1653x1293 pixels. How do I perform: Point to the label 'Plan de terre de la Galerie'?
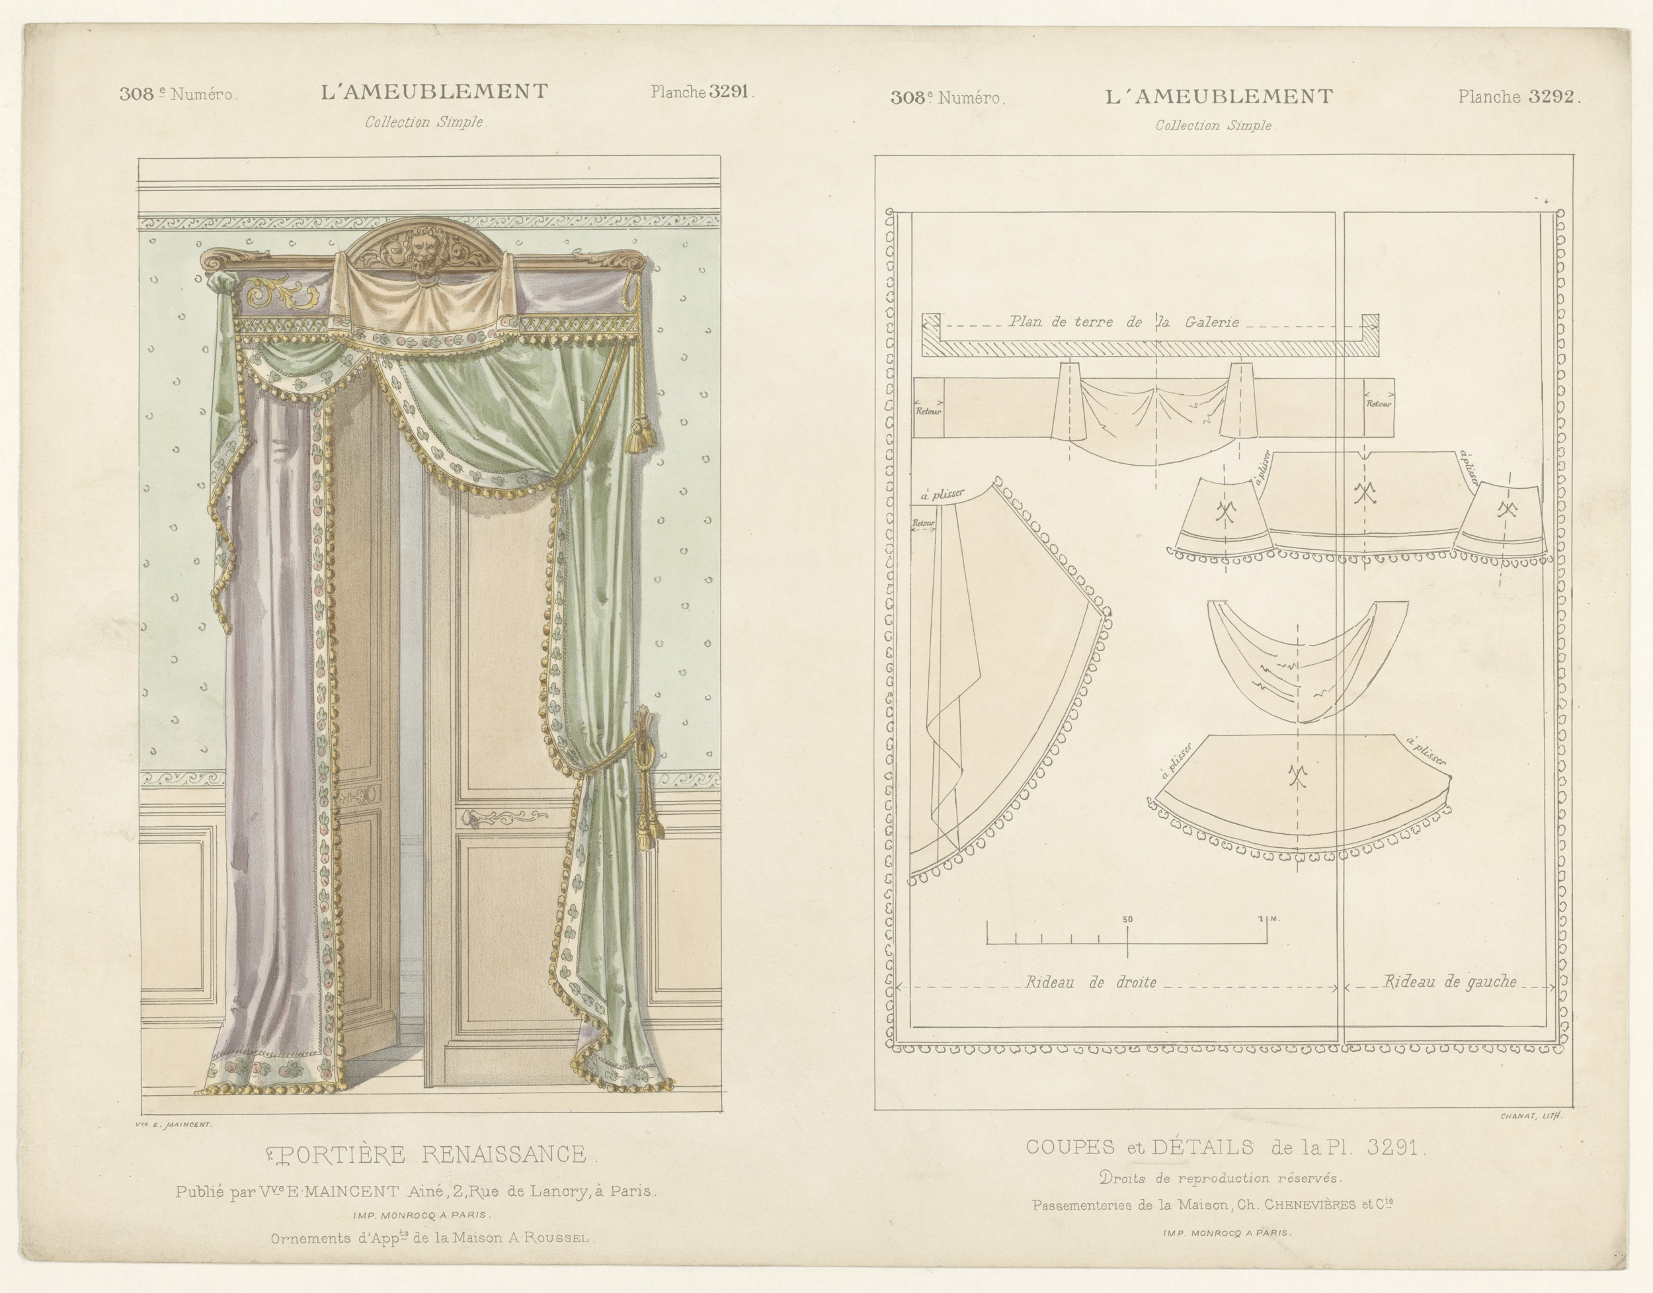[x=1123, y=321]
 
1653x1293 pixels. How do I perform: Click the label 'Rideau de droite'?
[x=1090, y=983]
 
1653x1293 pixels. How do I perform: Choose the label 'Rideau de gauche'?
[x=1449, y=982]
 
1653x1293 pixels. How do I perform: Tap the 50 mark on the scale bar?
[x=1128, y=919]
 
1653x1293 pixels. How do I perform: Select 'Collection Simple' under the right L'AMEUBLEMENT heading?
[x=1215, y=126]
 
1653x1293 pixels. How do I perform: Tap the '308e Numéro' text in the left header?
[x=179, y=95]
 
